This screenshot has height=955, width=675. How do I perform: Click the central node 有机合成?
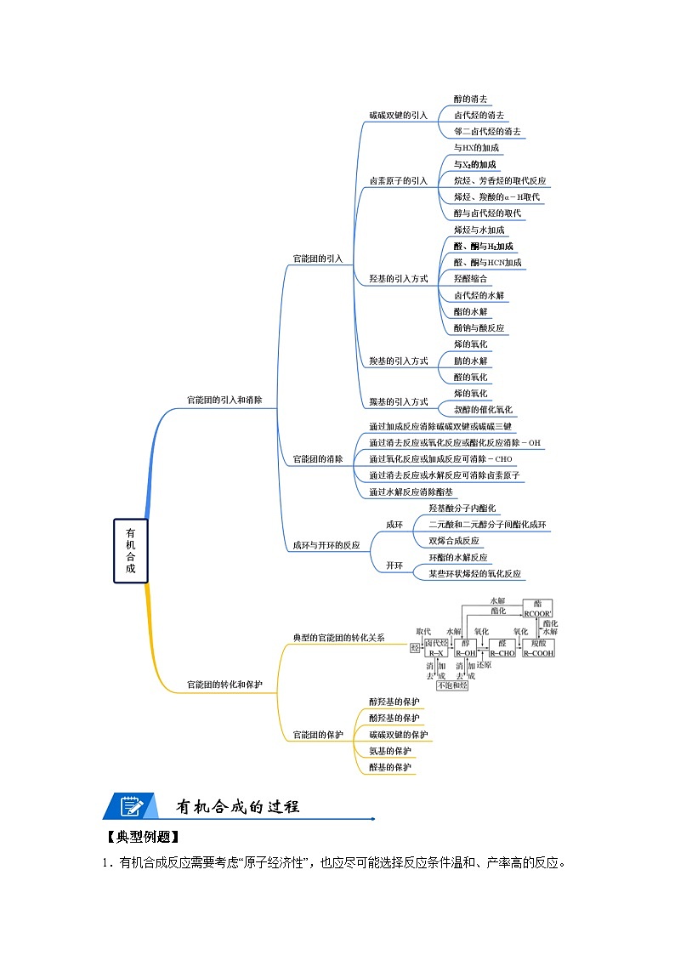point(130,550)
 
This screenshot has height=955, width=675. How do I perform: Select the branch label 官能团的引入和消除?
point(224,399)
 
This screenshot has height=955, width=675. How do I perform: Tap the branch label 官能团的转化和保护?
point(224,684)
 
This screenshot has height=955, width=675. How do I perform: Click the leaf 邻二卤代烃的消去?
point(487,132)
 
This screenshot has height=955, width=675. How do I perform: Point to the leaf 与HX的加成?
point(476,148)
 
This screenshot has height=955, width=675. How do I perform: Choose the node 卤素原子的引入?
point(398,180)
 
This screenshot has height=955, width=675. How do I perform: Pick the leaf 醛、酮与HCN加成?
point(487,263)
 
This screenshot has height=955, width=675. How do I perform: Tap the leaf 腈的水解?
point(470,361)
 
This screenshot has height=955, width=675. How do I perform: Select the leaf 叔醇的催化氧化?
point(483,410)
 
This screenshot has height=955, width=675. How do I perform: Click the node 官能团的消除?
point(317,459)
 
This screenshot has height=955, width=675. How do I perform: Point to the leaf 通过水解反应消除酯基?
point(411,492)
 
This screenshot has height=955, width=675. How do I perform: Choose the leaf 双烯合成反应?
point(453,541)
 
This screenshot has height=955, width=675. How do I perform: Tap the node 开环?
point(394,566)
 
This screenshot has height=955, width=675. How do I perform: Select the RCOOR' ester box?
point(537,609)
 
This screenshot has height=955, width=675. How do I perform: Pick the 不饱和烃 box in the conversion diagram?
point(451,685)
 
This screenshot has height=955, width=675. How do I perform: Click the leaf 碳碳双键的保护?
point(398,735)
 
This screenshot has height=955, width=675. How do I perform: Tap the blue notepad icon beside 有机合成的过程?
point(130,806)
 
